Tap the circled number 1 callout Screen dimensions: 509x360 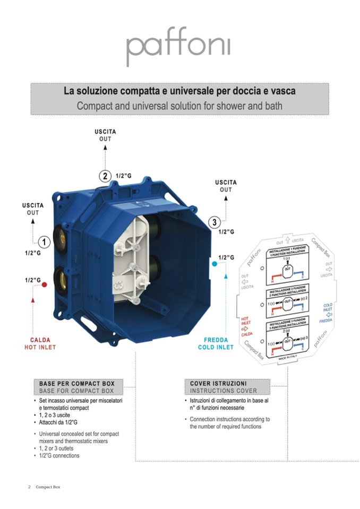click(x=45, y=243)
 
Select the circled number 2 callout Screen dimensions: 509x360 click(x=106, y=176)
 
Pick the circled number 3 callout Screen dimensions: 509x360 click(x=214, y=222)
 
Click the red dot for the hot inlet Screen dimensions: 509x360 click(x=45, y=284)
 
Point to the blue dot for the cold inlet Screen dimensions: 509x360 click(x=213, y=263)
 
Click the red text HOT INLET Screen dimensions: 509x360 click(x=40, y=347)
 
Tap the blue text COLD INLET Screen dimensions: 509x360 click(x=216, y=347)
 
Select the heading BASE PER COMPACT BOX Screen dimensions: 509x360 click(x=80, y=383)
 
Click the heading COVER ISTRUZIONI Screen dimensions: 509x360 click(x=218, y=383)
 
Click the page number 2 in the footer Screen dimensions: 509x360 click(x=29, y=487)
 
